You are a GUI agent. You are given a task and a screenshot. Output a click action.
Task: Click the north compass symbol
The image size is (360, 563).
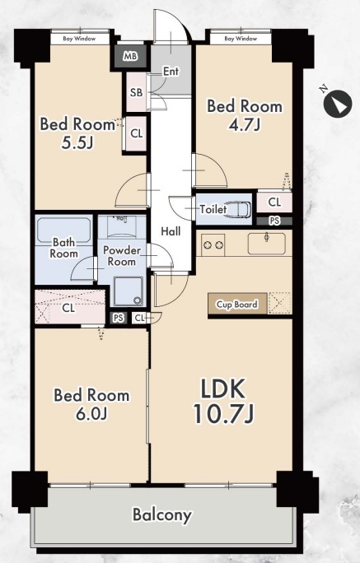click(338, 103)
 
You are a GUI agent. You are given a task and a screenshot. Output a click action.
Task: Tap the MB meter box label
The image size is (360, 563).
click(130, 56)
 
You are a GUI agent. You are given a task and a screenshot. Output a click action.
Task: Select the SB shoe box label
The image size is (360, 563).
click(136, 93)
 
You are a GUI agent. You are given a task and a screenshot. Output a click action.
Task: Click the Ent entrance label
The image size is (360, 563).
click(171, 72)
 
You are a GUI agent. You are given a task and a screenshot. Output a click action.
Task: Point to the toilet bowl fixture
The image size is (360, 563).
click(239, 210)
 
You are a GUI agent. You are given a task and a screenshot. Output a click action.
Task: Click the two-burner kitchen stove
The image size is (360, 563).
click(213, 245)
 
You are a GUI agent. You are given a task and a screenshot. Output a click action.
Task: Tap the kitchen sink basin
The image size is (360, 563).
click(267, 244)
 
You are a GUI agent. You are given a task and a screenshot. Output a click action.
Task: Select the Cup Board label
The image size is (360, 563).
click(236, 305)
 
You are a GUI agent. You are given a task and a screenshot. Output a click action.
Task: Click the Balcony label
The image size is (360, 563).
click(161, 515)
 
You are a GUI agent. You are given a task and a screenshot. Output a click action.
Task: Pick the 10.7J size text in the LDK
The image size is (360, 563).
click(223, 413)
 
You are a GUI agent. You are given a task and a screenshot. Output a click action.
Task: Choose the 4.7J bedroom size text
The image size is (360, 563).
click(245, 124)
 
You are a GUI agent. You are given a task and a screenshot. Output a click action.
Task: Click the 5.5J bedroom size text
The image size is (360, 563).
click(77, 143)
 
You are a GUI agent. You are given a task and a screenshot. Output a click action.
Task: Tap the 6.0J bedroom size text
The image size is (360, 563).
click(91, 414)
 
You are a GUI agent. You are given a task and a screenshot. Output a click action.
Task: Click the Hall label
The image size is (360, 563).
click(171, 231)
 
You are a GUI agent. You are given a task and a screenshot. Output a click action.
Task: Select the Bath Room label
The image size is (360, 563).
click(63, 248)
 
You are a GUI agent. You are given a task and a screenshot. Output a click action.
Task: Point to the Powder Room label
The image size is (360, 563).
click(122, 256)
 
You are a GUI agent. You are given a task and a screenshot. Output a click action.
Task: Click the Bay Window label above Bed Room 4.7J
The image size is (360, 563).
click(241, 39)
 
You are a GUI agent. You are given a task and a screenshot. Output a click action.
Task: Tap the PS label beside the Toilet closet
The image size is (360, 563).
click(274, 221)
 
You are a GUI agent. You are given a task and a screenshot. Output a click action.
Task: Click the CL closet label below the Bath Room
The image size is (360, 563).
click(68, 308)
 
